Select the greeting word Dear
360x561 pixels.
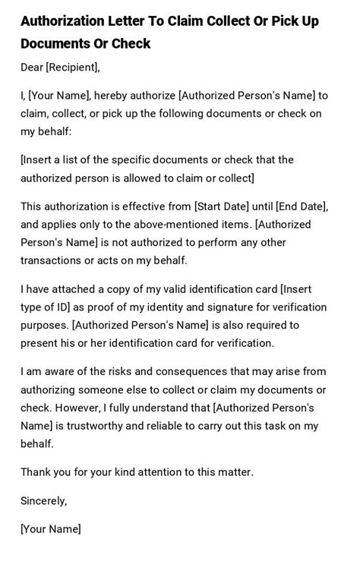[32, 68]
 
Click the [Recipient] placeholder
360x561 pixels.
[72, 68]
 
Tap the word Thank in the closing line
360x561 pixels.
[36, 472]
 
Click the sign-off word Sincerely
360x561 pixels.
[43, 500]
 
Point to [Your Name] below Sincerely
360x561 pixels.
[50, 528]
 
